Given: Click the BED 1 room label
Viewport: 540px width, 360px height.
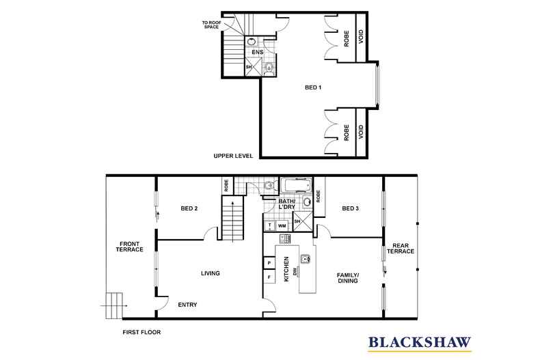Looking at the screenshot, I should (x=313, y=87).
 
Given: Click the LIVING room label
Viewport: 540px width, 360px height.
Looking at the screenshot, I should (x=210, y=274).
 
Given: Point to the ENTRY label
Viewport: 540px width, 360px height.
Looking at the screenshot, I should (x=187, y=305).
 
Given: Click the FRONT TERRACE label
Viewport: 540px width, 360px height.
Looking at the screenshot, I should (x=131, y=247).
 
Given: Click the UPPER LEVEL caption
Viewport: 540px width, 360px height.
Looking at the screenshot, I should (x=233, y=156).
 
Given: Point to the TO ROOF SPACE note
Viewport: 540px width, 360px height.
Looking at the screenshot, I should (x=211, y=25).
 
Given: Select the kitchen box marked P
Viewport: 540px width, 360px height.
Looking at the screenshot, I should (x=269, y=262).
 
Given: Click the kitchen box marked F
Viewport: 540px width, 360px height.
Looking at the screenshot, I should (x=269, y=277).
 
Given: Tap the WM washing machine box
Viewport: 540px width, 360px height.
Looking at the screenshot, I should (x=282, y=225).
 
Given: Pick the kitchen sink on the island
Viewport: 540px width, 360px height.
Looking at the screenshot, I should (x=306, y=258).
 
